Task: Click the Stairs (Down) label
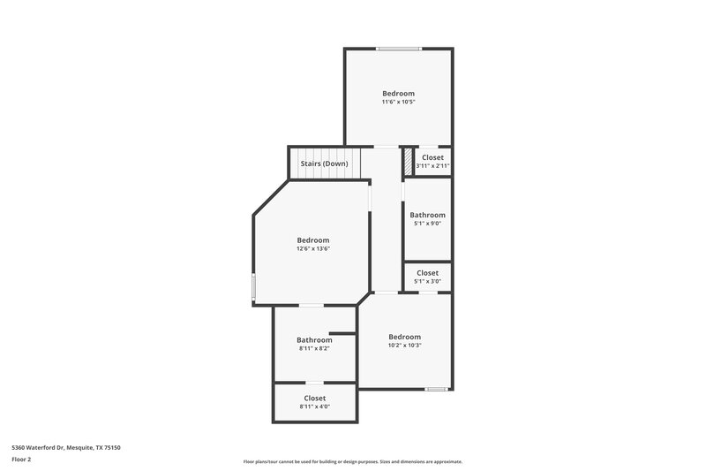coord(324,163)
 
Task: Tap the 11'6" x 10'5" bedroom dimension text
coord(398,103)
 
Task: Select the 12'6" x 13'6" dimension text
coord(312,249)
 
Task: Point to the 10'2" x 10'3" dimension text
coord(405,346)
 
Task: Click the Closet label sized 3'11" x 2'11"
coord(432,157)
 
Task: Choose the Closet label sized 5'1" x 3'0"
coord(427,273)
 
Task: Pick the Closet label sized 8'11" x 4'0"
coord(314,399)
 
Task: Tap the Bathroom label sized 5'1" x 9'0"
coord(427,215)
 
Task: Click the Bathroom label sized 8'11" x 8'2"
coord(314,340)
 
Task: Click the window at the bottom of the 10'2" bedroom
coord(436,389)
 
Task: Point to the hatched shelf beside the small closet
coord(408,162)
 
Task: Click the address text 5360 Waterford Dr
coord(66,448)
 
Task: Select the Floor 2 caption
coord(21,460)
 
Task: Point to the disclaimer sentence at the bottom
coord(353,461)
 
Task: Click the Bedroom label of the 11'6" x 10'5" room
coord(398,94)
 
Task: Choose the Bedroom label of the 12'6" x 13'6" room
coord(312,240)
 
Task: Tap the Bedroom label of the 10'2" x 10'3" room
coord(405,337)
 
